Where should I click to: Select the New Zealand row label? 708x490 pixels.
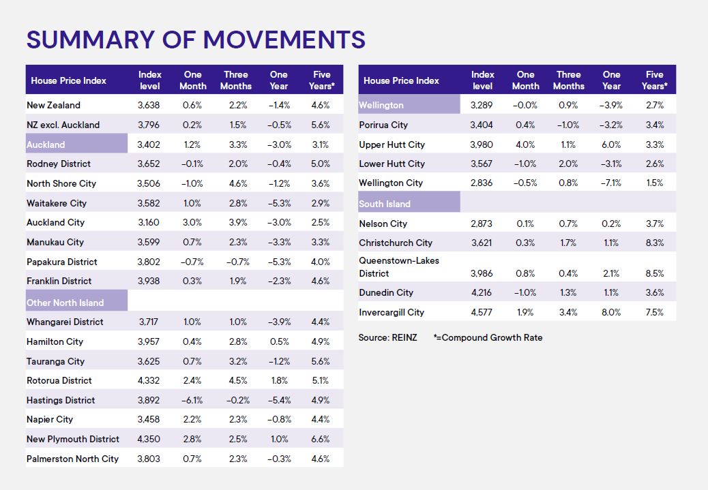tap(53, 105)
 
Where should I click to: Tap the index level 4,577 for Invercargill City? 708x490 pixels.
tap(482, 312)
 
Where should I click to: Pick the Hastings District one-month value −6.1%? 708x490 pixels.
tap(192, 400)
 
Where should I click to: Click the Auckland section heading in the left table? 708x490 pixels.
tap(46, 144)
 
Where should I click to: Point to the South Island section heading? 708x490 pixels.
tap(385, 204)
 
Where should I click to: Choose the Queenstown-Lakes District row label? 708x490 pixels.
tap(399, 266)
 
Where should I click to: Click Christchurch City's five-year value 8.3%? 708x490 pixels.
tap(654, 243)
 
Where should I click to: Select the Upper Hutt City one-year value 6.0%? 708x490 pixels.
tap(611, 144)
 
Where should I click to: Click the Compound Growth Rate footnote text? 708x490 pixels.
tap(491, 337)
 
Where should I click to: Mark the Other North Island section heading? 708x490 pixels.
tap(65, 303)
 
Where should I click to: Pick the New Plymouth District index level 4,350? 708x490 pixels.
tap(149, 439)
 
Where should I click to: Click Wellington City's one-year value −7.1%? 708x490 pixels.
tap(611, 183)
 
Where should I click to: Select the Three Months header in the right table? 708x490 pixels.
tap(568, 80)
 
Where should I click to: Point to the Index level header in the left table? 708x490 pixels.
tap(149, 80)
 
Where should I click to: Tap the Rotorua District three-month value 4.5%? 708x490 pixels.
tap(235, 380)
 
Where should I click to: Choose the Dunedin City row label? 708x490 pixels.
tap(386, 292)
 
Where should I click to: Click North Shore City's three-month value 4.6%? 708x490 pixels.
tap(235, 183)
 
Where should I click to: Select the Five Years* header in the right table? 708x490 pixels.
tap(654, 80)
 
